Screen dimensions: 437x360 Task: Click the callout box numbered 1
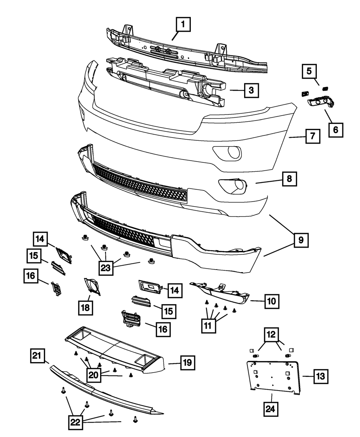pyautogui.click(x=183, y=25)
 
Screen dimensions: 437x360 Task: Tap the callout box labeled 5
pyautogui.click(x=309, y=71)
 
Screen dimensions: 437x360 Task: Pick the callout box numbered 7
pyautogui.click(x=312, y=137)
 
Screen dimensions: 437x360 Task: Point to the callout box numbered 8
pyautogui.click(x=289, y=178)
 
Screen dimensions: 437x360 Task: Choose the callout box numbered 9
pyautogui.click(x=301, y=240)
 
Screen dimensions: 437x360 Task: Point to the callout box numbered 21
pyautogui.click(x=37, y=357)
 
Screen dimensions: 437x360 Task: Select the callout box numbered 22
pyautogui.click(x=75, y=422)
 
